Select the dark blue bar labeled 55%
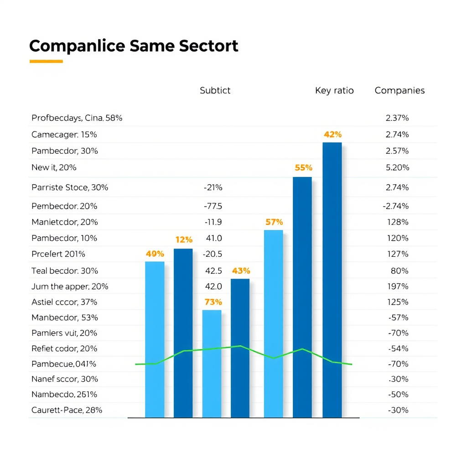302,296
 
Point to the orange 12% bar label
184,240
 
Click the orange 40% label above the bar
155,254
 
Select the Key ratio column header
334,90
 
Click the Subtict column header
215,90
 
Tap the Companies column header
400,90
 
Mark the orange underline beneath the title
46,61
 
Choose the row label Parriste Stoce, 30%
70,187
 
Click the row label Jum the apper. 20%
70,286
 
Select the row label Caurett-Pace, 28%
67,410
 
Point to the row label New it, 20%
54,167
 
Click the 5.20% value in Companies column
397,167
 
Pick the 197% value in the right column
399,286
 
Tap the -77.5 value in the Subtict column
213,206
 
